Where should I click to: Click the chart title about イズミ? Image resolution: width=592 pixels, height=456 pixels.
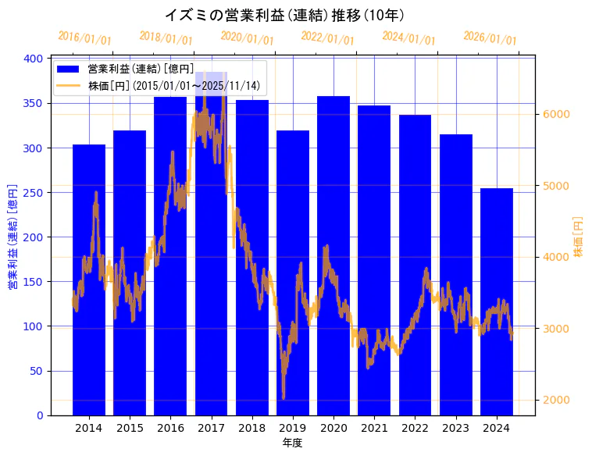[x=284, y=15]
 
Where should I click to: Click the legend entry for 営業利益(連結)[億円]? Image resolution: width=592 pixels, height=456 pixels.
[x=141, y=69]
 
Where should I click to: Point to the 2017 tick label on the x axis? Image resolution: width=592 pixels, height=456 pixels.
[x=211, y=428]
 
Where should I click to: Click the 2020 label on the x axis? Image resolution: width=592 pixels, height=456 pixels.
[x=333, y=428]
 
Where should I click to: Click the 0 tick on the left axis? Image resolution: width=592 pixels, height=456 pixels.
[x=39, y=415]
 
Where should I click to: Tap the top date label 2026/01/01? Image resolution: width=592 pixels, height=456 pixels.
[x=490, y=39]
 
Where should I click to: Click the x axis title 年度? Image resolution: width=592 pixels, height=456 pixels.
[x=292, y=443]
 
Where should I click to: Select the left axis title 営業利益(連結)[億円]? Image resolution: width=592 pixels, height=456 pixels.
[x=13, y=237]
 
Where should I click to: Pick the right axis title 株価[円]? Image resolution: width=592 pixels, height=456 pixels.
[x=579, y=237]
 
